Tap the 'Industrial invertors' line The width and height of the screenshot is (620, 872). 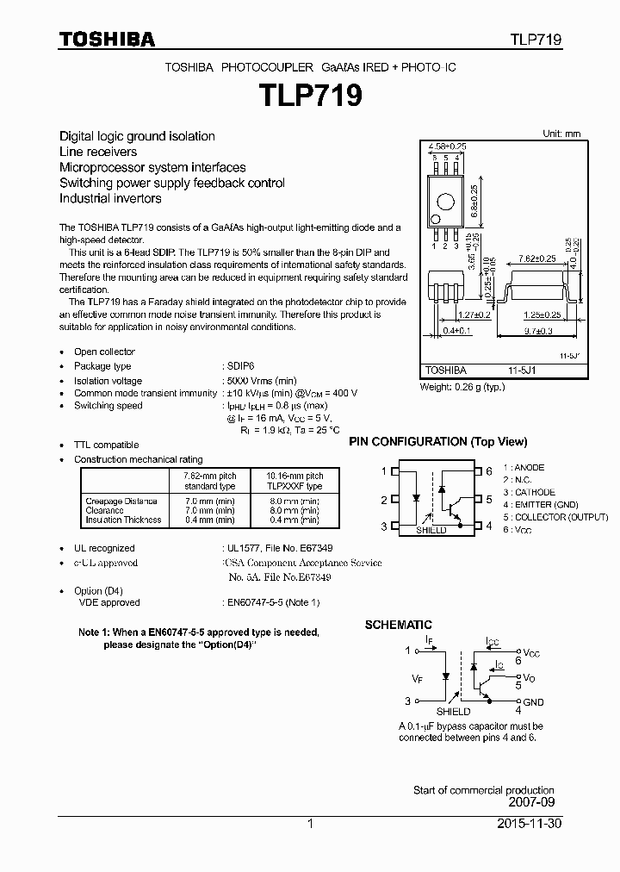click(110, 198)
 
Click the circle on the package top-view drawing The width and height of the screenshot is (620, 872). click(446, 202)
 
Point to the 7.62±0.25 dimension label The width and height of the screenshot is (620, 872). click(537, 258)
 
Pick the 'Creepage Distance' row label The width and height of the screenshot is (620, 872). click(121, 501)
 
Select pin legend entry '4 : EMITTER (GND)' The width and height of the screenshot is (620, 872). click(546, 504)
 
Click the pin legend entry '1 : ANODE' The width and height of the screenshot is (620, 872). click(530, 468)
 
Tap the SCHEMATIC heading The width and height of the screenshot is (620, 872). click(398, 625)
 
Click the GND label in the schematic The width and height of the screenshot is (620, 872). click(533, 702)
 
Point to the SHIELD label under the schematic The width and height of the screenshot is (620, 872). click(453, 712)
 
